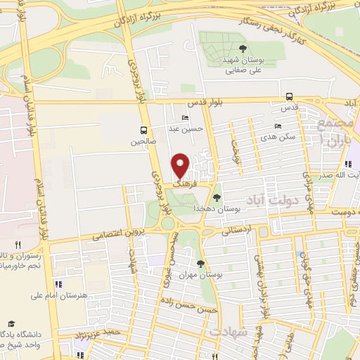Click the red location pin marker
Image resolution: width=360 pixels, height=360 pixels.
tap(181, 165)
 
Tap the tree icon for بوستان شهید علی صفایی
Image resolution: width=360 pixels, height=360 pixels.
tap(243, 48)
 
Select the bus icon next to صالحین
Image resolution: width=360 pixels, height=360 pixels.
tap(143, 130)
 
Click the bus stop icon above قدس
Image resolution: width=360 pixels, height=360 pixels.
tap(289, 97)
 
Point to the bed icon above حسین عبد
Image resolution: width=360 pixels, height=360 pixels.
tap(185, 118)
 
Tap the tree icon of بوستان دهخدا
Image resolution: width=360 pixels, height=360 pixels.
tap(217, 198)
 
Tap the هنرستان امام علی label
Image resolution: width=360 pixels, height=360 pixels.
tap(84, 295)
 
